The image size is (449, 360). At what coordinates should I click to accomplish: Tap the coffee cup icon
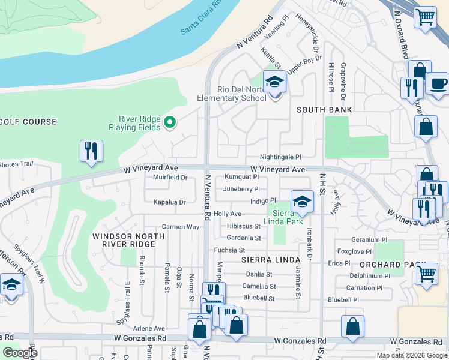437,83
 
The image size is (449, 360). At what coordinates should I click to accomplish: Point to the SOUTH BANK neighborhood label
324,110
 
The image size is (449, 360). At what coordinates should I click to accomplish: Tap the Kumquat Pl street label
241,177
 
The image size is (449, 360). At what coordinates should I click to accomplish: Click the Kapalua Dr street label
170,202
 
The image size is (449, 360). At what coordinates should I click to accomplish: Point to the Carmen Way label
180,227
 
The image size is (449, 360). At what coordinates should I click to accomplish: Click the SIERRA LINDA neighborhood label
270,260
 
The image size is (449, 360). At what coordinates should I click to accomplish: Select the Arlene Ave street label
149,329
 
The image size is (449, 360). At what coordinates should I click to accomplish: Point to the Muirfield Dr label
170,178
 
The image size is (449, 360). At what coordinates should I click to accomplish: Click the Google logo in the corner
20,353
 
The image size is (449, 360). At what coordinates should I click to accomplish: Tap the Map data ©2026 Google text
412,355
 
